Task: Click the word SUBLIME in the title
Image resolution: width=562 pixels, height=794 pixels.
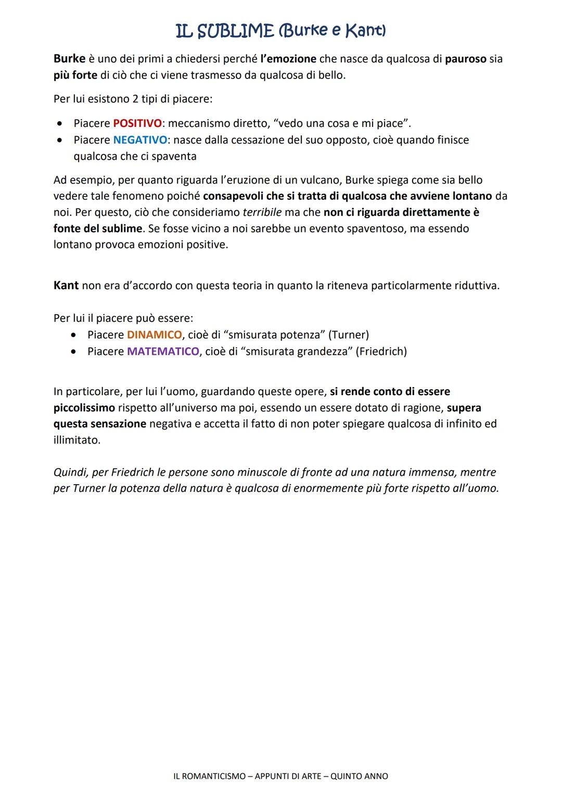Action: tap(235, 31)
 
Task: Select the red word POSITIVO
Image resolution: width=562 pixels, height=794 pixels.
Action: tap(137, 124)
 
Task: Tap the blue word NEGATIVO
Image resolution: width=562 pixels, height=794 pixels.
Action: tap(140, 140)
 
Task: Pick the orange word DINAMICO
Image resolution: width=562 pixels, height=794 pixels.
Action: tap(154, 335)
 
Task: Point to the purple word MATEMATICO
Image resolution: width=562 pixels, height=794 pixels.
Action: tap(163, 352)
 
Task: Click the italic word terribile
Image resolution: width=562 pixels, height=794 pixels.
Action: tap(262, 213)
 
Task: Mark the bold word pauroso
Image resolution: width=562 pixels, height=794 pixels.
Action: tap(465, 59)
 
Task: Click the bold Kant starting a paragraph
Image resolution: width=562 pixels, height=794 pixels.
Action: tap(66, 286)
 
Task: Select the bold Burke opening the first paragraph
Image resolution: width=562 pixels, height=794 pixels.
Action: tap(69, 59)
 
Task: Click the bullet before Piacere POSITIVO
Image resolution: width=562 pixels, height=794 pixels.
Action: tap(61, 124)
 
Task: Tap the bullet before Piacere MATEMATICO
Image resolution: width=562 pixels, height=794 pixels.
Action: tap(75, 352)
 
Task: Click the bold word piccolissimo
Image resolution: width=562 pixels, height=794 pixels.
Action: tap(84, 408)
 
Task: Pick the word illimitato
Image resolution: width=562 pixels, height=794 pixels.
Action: tap(76, 440)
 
